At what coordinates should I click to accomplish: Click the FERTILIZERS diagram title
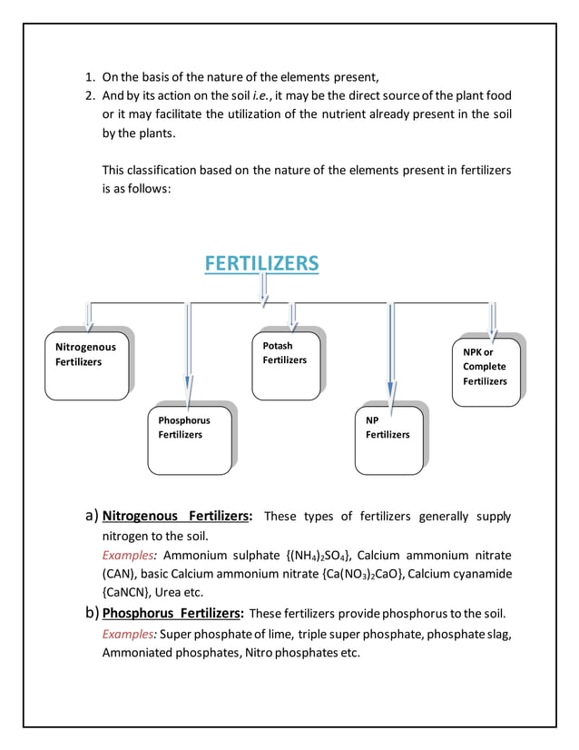(x=261, y=263)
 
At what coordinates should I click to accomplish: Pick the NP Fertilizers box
(x=388, y=440)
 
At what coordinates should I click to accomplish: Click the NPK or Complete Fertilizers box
(x=486, y=370)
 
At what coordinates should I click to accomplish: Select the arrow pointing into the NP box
(x=390, y=350)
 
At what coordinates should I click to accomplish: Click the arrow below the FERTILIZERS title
(x=264, y=288)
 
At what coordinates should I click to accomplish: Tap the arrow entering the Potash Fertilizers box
(x=292, y=316)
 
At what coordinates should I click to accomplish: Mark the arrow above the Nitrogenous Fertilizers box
(x=89, y=314)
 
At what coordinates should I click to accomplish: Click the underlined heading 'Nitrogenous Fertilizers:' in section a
(x=177, y=517)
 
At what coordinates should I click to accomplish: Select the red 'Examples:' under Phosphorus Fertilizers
(x=130, y=634)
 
